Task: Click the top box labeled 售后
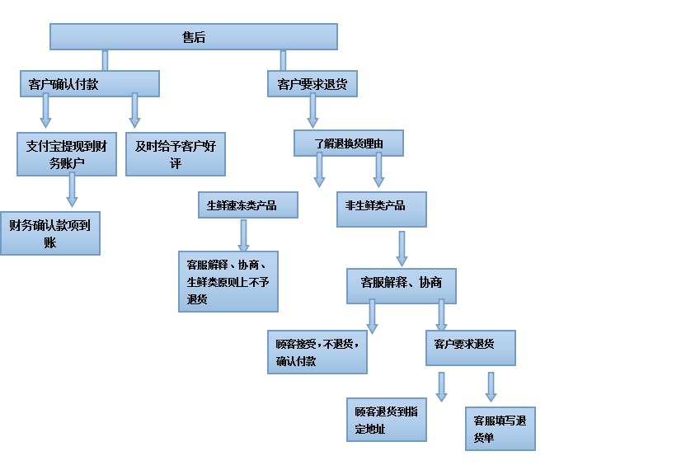194,37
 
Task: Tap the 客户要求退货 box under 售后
312,83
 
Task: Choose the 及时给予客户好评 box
176,153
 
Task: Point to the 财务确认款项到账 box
50,233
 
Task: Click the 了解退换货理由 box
350,143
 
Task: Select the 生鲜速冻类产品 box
247,205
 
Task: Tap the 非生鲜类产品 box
382,209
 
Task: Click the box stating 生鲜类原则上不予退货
228,281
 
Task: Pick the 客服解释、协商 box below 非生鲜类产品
402,283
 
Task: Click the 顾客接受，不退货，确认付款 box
317,352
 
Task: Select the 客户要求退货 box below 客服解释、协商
470,348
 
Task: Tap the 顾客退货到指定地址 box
387,419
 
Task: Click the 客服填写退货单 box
500,428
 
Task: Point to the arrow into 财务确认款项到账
72,190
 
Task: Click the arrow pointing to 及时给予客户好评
135,110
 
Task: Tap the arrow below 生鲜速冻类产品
244,234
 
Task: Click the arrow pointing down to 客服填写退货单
491,386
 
